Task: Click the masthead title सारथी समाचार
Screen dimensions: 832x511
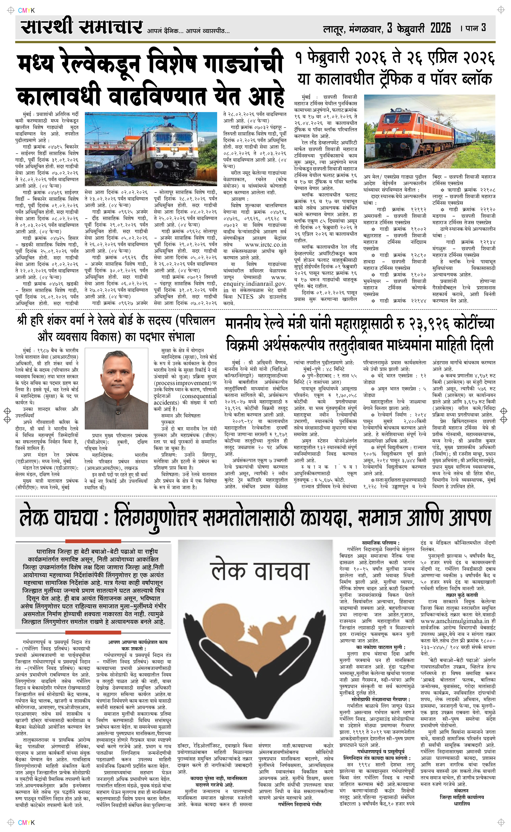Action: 81,26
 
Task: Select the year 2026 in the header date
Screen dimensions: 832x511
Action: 440,28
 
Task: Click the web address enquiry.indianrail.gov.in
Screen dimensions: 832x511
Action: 254,284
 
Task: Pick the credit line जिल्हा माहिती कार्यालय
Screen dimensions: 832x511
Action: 462,797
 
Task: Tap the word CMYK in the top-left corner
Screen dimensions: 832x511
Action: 26,10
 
